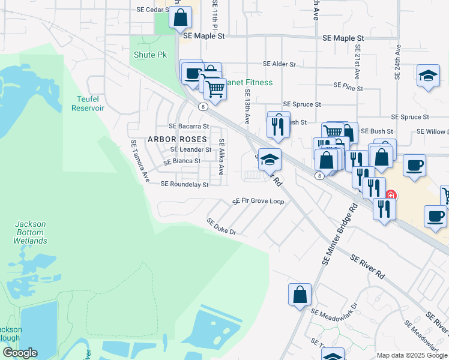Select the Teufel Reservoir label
click(88, 103)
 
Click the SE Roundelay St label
click(184, 185)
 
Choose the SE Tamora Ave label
click(139, 161)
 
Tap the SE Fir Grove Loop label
click(258, 201)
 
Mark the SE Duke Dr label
click(221, 226)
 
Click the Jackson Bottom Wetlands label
click(31, 233)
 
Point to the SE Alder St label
click(279, 64)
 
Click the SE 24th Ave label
click(397, 64)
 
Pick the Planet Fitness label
click(248, 82)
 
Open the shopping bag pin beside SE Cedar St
click(180, 17)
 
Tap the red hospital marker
click(391, 195)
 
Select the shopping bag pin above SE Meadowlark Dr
click(300, 295)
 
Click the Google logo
click(20, 353)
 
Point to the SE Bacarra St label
click(188, 127)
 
